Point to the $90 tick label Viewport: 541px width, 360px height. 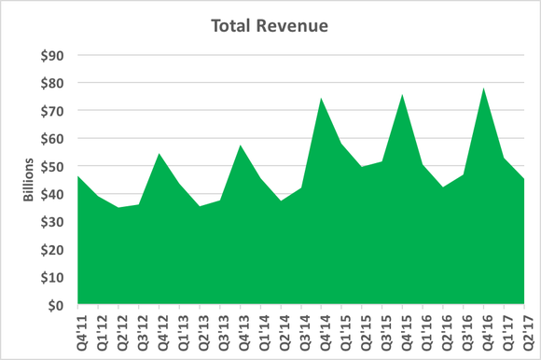[x=52, y=56]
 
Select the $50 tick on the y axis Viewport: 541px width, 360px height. [x=52, y=166]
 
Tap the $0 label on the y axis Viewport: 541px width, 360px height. [x=56, y=305]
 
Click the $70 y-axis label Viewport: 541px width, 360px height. [x=52, y=111]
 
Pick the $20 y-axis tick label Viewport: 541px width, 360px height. [x=52, y=249]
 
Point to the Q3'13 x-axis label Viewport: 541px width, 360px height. [x=221, y=331]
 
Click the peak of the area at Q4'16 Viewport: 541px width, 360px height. [x=484, y=89]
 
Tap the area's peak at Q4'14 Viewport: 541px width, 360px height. [x=322, y=98]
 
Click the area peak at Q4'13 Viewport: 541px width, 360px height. [x=241, y=145]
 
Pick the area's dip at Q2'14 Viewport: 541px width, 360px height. [x=282, y=201]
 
